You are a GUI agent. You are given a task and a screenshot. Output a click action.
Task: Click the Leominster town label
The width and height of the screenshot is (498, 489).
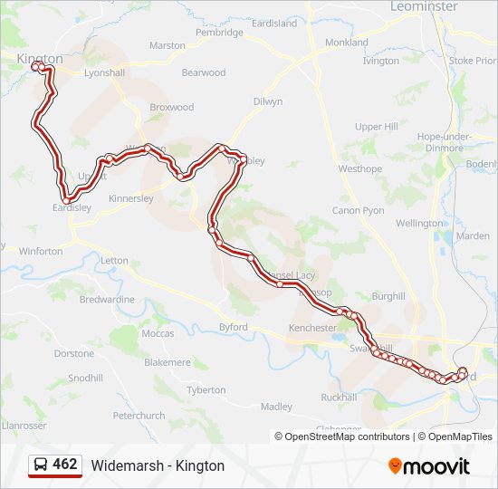click(424, 6)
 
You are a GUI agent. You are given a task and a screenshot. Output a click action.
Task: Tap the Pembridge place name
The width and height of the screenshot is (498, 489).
click(219, 33)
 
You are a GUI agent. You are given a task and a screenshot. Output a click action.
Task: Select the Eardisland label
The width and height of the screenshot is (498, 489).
click(273, 24)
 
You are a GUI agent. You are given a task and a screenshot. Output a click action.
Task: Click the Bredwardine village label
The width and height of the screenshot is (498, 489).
click(107, 299)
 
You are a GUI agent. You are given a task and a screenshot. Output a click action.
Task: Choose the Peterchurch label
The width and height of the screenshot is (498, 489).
click(139, 416)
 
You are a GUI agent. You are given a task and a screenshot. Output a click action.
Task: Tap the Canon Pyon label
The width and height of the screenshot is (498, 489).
click(359, 210)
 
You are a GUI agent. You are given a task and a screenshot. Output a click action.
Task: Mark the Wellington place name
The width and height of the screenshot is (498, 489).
click(419, 223)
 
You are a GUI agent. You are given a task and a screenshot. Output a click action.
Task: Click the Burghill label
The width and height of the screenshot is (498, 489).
click(388, 296)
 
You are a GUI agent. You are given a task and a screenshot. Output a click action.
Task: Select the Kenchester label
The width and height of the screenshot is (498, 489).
click(312, 327)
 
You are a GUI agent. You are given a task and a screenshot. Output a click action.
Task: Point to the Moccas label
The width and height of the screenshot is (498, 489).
click(158, 333)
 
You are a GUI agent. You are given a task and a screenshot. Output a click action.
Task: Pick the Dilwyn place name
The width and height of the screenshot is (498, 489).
click(268, 102)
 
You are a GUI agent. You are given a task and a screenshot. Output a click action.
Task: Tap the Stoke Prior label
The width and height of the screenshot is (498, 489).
click(473, 61)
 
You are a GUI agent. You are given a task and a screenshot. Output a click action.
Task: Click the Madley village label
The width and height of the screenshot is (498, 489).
click(276, 407)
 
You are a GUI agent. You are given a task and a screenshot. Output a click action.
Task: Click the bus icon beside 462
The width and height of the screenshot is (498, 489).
click(41, 465)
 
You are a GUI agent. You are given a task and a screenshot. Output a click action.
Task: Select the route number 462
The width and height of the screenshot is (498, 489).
click(65, 465)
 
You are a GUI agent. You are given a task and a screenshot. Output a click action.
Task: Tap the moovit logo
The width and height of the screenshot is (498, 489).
click(429, 466)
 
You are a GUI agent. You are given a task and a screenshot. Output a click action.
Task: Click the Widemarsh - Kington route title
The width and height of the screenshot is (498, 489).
click(158, 465)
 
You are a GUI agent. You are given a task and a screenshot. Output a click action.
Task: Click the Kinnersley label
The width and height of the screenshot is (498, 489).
click(131, 197)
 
